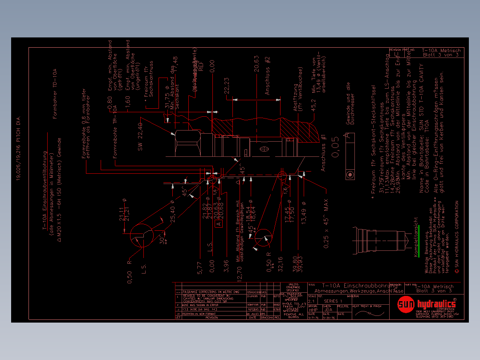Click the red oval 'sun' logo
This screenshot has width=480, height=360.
pyautogui.click(x=406, y=304)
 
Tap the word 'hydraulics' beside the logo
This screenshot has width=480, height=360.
pyautogui.click(x=437, y=304)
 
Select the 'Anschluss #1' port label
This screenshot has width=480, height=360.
pyautogui.click(x=324, y=153)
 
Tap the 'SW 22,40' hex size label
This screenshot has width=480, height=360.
pyautogui.click(x=140, y=137)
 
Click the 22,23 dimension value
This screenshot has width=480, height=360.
pyautogui.click(x=227, y=86)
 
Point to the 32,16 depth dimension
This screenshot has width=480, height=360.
pyautogui.click(x=280, y=264)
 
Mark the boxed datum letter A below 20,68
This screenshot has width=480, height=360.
pyautogui.click(x=218, y=224)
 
